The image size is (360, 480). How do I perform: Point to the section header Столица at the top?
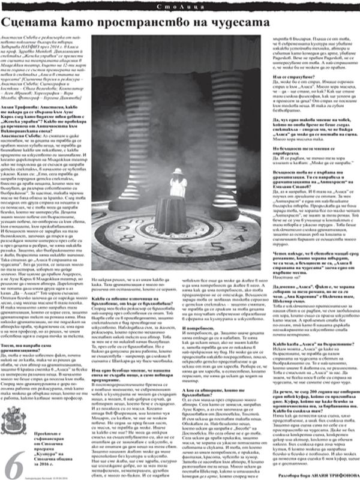coord(180,5)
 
